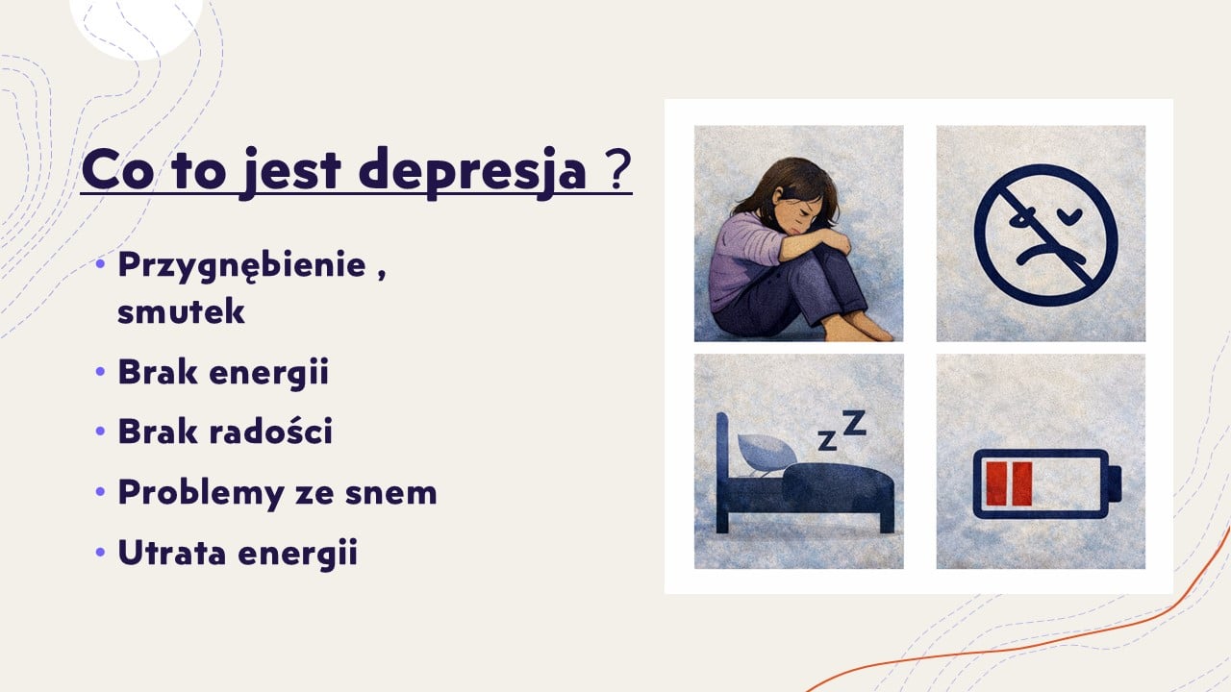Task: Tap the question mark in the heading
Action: pos(620,170)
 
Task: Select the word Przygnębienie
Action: pos(241,266)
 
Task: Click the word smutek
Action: pos(181,310)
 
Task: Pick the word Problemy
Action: pos(201,493)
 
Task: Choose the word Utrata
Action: pos(172,552)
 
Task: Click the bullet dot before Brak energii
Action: pos(100,372)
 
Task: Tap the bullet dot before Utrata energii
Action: pos(100,552)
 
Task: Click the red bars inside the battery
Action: pos(1009,483)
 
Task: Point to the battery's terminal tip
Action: pos(1115,483)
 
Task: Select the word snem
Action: pos(390,493)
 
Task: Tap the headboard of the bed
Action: pos(722,472)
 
